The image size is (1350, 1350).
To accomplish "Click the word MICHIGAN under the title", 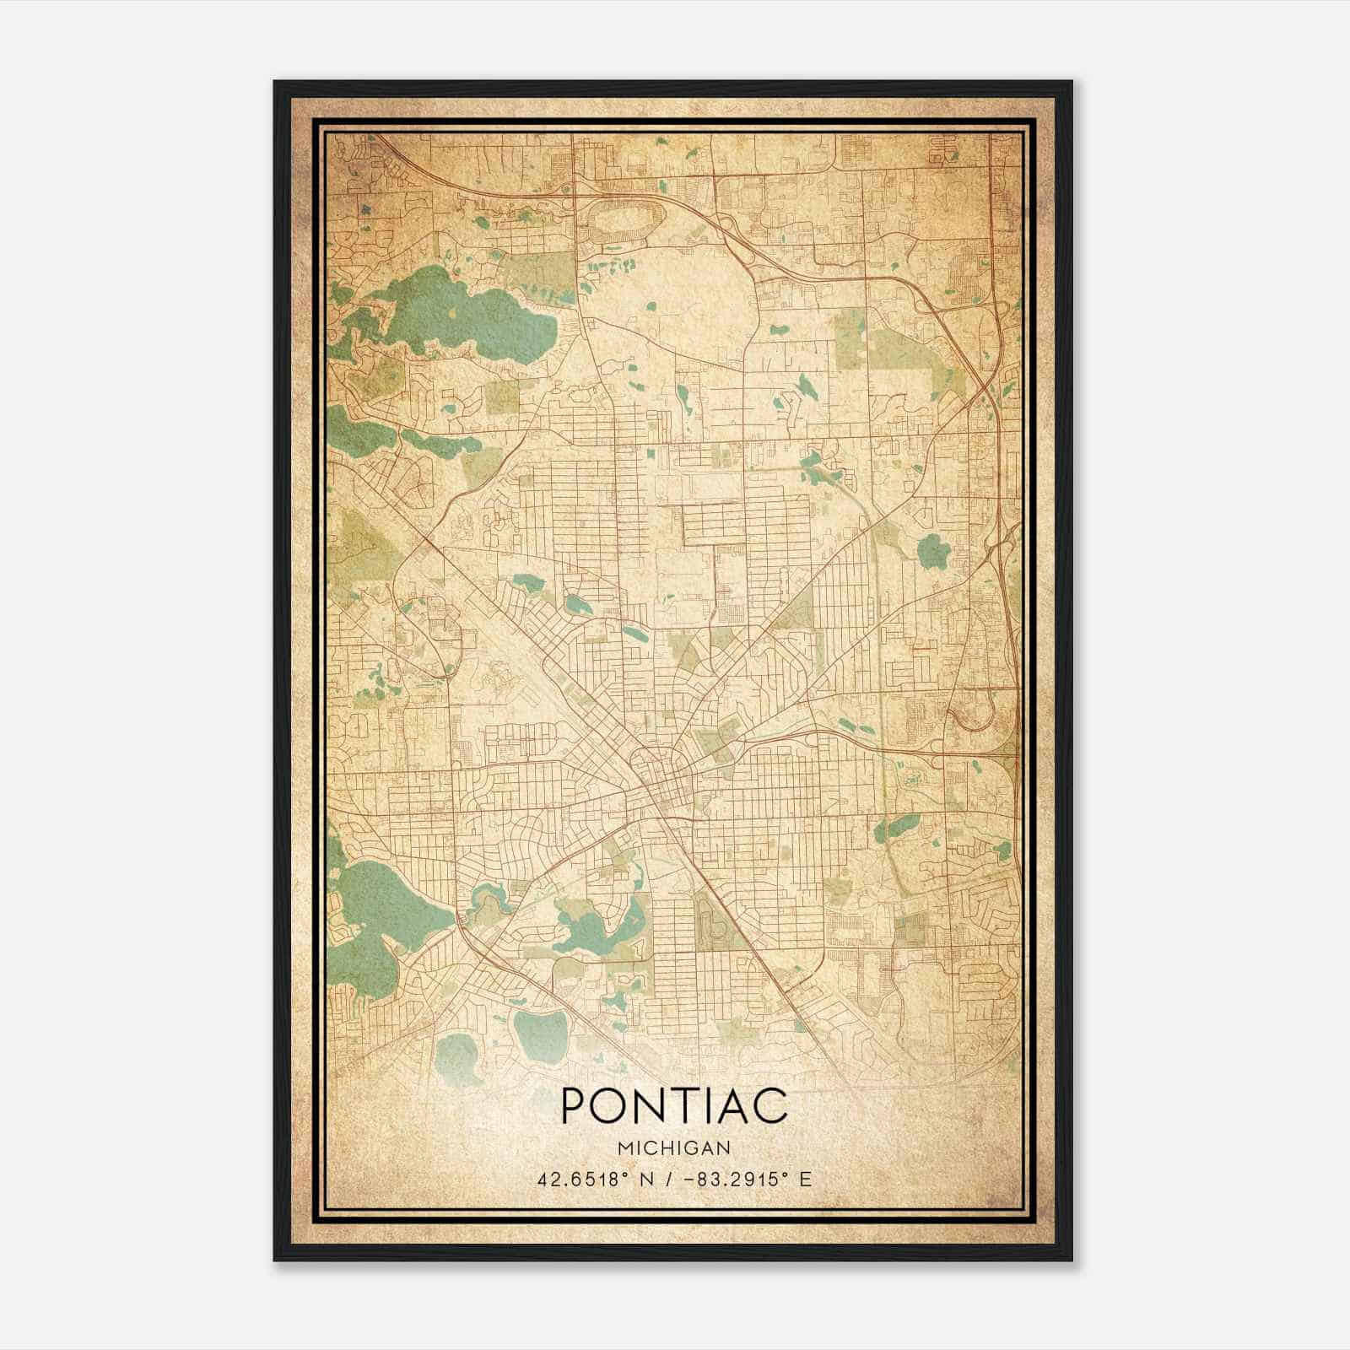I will [x=673, y=1147].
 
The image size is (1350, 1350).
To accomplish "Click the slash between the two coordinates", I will [x=669, y=1179].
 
